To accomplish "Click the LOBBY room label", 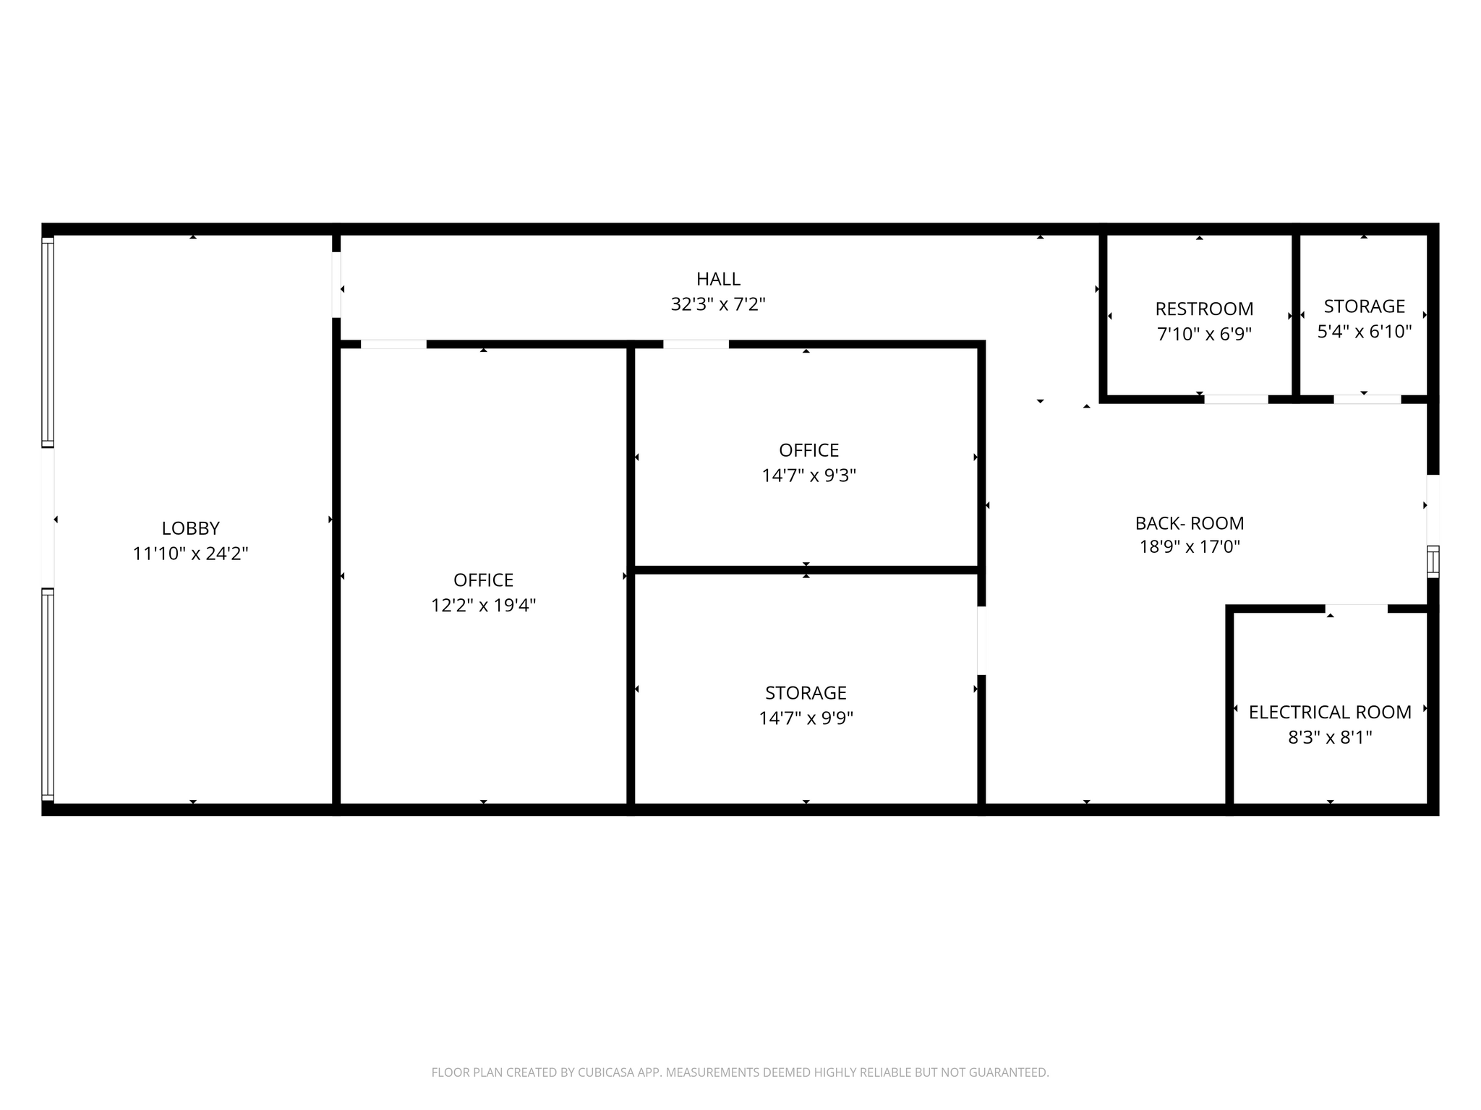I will click(190, 528).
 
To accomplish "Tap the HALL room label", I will click(718, 279).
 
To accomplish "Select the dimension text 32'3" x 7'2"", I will click(718, 304).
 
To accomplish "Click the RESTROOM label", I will click(1204, 309).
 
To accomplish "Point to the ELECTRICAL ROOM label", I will click(1330, 713).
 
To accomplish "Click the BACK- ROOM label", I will click(1190, 523).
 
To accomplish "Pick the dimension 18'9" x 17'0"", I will click(1190, 547).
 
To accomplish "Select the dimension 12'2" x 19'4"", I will click(483, 606).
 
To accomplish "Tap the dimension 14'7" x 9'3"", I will click(808, 476).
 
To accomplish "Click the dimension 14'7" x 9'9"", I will click(806, 718).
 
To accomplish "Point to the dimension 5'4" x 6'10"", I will click(1364, 332).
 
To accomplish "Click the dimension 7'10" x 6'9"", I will click(1204, 335).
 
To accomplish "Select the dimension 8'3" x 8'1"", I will click(1330, 738).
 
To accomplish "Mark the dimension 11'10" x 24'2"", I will click(190, 554).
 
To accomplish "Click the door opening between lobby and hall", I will click(336, 284).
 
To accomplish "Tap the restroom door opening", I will click(1236, 400).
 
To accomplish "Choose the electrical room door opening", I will click(1356, 608).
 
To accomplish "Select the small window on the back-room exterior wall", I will click(1433, 562).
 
